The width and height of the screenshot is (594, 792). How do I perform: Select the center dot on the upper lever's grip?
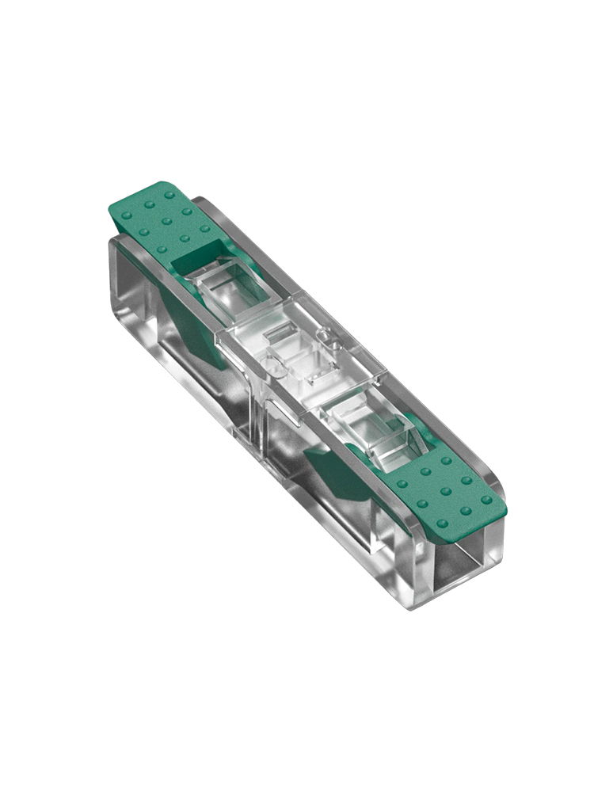point(166,221)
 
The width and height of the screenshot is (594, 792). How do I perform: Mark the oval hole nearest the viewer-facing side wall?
point(270,366)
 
